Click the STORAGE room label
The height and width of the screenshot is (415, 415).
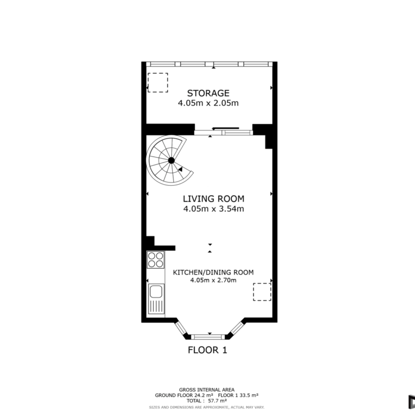pyautogui.click(x=208, y=93)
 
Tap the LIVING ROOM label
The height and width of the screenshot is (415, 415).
pyautogui.click(x=213, y=199)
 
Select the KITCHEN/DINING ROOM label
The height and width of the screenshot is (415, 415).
pyautogui.click(x=213, y=272)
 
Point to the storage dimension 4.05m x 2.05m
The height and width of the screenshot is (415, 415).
pyautogui.click(x=208, y=103)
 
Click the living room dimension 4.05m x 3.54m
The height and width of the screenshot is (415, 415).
pyautogui.click(x=213, y=209)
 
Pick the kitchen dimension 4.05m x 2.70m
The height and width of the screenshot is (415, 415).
pyautogui.click(x=213, y=280)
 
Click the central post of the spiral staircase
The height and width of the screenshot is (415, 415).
pyautogui.click(x=171, y=160)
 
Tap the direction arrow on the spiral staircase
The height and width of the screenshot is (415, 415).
pyautogui.click(x=180, y=169)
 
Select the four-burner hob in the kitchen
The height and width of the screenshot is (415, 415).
pyautogui.click(x=155, y=260)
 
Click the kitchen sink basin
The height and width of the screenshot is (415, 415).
pyautogui.click(x=156, y=292)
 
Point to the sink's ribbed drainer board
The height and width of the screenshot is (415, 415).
pyautogui.click(x=156, y=307)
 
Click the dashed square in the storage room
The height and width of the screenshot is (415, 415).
pyautogui.click(x=157, y=82)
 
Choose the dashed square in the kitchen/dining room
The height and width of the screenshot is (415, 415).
pyautogui.click(x=262, y=292)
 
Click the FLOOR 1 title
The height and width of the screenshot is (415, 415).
pyautogui.click(x=207, y=350)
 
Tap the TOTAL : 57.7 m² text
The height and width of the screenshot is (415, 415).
pyautogui.click(x=206, y=401)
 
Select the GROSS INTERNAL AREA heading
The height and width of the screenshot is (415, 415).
pyautogui.click(x=207, y=389)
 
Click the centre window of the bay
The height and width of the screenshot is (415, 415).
pyautogui.click(x=207, y=337)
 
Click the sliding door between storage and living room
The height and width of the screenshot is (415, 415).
pyautogui.click(x=223, y=132)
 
